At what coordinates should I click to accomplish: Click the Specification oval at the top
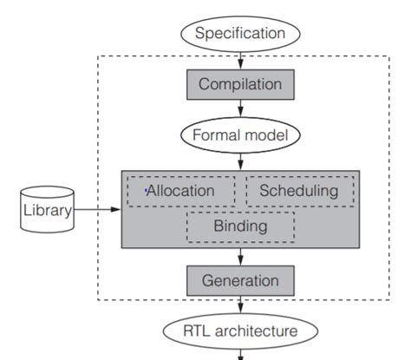click(x=240, y=34)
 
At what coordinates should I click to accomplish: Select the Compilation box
click(x=240, y=84)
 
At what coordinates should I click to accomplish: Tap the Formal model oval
click(x=240, y=134)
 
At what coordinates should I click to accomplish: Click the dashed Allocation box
click(x=181, y=191)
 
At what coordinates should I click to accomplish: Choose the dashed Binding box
click(x=240, y=227)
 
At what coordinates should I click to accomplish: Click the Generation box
click(x=240, y=280)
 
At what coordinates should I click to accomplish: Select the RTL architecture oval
click(x=240, y=331)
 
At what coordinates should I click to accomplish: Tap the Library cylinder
click(x=48, y=208)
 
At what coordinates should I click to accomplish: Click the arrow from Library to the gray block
click(x=98, y=209)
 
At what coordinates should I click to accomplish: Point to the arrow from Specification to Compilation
click(x=240, y=59)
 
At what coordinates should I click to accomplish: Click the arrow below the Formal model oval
click(x=240, y=160)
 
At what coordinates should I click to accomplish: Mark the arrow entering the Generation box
click(x=240, y=258)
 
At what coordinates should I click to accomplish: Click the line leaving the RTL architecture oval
click(x=240, y=353)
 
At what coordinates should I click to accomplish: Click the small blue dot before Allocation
click(x=147, y=187)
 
